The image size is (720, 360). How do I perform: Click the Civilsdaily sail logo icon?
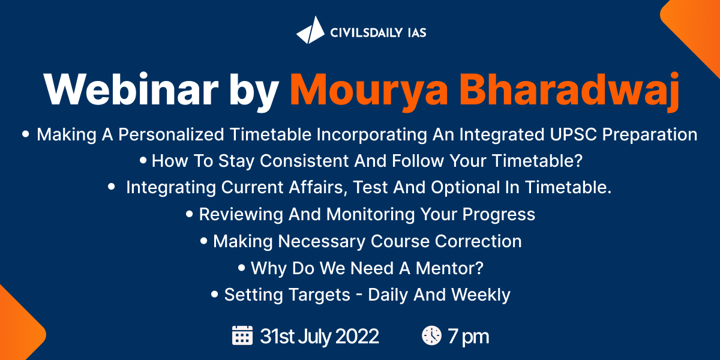311,31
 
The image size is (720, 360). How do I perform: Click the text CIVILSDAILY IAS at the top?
378,32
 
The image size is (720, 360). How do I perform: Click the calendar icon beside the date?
242,335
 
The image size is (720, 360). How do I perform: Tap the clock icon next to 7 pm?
431,335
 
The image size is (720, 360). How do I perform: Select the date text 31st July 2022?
319,336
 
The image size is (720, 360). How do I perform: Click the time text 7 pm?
469,337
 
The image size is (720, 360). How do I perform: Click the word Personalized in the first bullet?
170,134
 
